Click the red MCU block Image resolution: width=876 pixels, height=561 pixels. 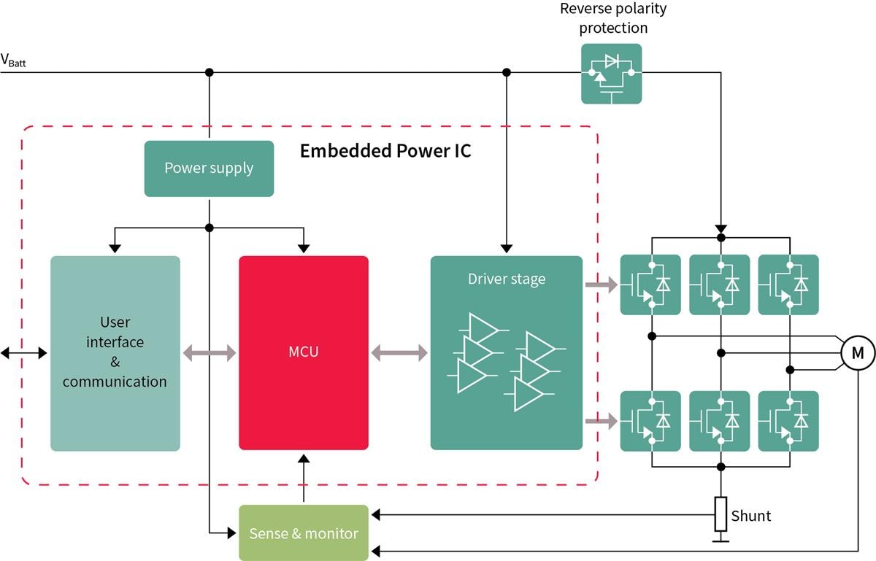tap(304, 352)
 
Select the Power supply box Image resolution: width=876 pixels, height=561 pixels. tap(209, 169)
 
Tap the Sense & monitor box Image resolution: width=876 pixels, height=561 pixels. tap(304, 533)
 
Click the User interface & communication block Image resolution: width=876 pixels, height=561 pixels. tap(115, 353)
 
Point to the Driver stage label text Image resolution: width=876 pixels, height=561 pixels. tap(506, 279)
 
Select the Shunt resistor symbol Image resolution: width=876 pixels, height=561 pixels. tap(721, 514)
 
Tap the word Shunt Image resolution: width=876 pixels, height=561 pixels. tap(750, 516)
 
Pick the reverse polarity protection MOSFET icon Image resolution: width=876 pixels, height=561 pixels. tap(611, 74)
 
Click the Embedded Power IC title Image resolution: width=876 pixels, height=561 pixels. tap(385, 151)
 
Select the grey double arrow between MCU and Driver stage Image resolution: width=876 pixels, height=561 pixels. tap(399, 353)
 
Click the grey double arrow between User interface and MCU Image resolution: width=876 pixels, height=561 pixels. tap(210, 353)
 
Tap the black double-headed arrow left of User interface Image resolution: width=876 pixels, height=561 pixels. tap(24, 353)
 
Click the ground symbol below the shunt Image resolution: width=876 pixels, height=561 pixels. tap(721, 539)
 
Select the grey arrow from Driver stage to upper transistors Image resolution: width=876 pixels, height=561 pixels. tap(601, 285)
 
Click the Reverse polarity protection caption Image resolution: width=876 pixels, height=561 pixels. tap(613, 18)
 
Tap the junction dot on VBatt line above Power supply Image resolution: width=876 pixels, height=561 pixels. tap(210, 72)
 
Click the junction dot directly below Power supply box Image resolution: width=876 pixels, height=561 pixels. tap(210, 228)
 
